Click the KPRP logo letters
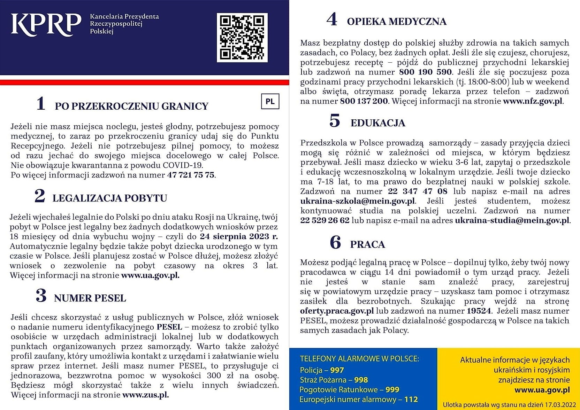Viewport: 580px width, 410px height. point(46,25)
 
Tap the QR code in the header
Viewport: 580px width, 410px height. point(242,38)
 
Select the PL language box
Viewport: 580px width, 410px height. point(270,102)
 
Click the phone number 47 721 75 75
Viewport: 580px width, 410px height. point(191,175)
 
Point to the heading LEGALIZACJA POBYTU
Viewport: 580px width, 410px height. point(110,198)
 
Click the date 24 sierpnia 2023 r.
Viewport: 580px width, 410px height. point(239,237)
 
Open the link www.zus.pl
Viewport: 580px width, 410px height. point(146,395)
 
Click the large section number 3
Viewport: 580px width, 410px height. point(41,296)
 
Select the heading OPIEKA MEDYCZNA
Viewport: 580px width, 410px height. point(397,22)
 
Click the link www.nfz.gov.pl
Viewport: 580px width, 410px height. point(533,101)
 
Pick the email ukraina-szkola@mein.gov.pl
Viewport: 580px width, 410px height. point(358,201)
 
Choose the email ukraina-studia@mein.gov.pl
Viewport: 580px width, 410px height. point(512,221)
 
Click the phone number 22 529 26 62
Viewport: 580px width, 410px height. point(325,221)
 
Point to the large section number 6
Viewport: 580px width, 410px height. point(335,243)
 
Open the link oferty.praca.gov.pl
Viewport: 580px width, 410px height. point(337,311)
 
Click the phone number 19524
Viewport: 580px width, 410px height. point(479,311)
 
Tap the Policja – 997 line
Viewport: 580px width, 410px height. point(322,370)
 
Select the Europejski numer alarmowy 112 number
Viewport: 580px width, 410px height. point(411,399)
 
